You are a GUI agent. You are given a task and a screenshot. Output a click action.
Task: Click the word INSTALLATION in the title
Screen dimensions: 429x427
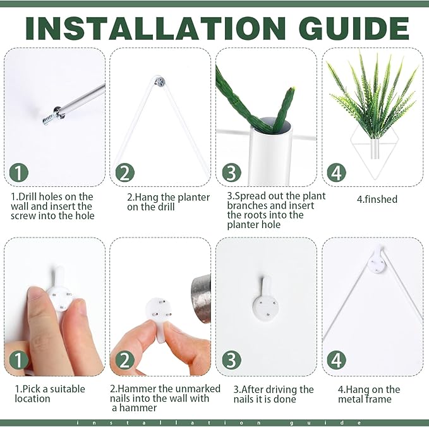155,28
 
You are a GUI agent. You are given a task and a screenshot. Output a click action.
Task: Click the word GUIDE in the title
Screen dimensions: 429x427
353,28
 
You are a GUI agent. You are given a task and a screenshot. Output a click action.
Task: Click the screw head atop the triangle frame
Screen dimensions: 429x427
160,81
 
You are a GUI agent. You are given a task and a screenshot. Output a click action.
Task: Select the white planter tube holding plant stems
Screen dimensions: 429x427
270,151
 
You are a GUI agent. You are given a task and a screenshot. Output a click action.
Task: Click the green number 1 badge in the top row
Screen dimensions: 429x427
19,172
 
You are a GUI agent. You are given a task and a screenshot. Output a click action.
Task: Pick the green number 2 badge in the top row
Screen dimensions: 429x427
124,172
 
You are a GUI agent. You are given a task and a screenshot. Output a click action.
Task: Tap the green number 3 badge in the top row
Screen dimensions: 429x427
231,172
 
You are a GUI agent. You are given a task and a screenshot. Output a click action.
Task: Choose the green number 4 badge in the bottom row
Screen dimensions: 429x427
337,360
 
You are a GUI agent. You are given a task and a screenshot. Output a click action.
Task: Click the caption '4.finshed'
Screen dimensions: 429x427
377,199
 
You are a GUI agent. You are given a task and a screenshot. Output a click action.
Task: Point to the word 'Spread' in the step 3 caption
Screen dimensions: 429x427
250,196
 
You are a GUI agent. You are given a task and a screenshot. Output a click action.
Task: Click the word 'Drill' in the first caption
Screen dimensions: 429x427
28,196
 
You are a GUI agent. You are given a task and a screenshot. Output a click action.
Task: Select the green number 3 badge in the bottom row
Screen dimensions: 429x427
231,360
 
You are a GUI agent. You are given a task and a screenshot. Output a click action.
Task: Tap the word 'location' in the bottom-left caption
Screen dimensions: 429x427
33,399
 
